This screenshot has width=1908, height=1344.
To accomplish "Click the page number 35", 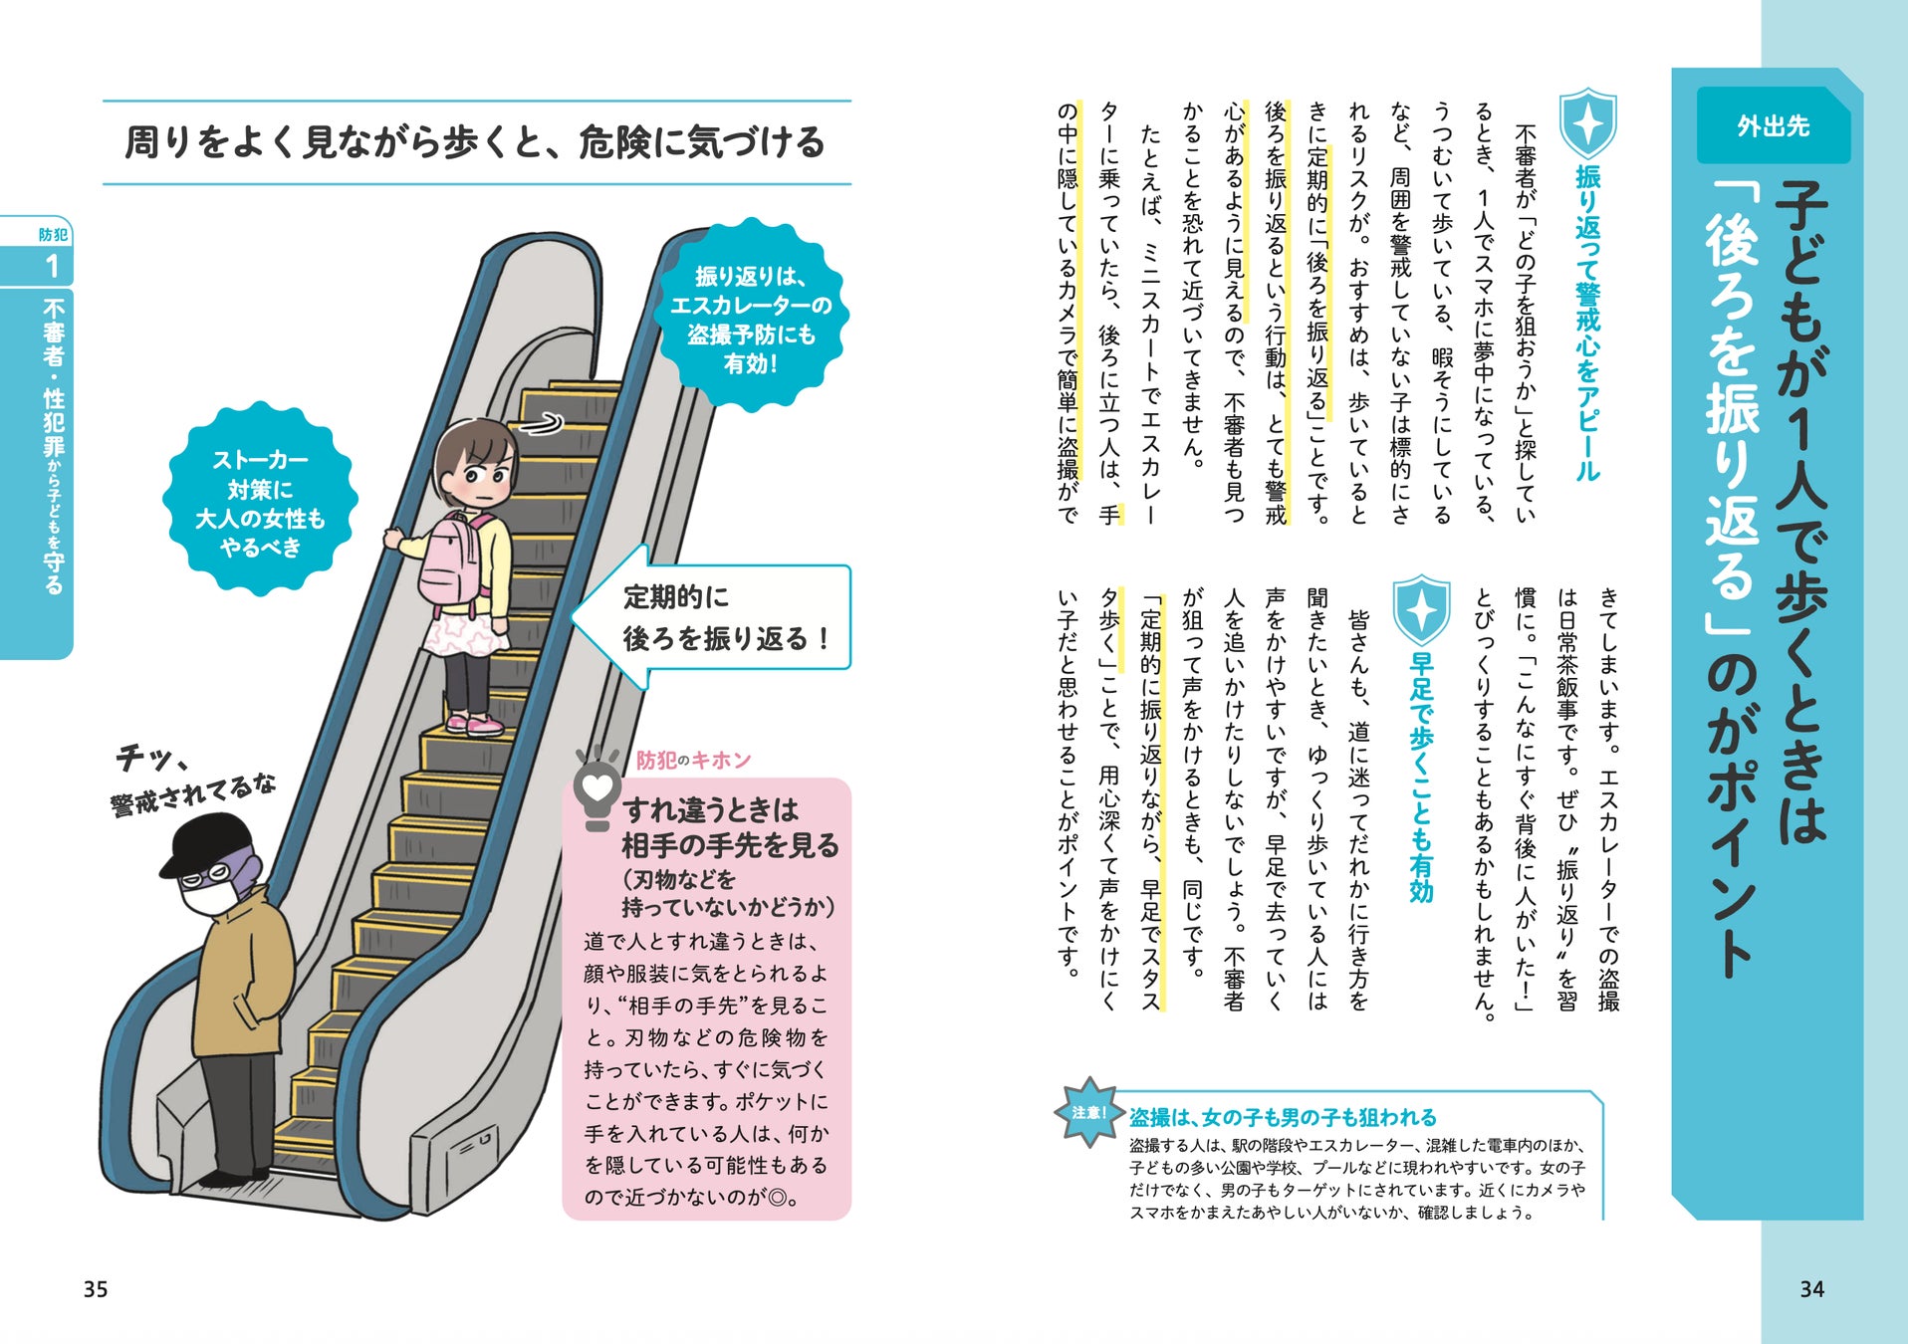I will click(96, 1289).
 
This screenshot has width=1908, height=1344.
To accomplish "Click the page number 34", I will click(1811, 1289).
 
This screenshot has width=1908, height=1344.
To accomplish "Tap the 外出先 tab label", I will click(1773, 126).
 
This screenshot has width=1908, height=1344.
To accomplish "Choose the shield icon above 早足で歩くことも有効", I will click(1421, 608).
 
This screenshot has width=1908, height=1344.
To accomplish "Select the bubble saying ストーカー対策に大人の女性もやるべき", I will click(260, 502).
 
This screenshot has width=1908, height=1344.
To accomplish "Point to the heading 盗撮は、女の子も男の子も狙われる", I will click(1283, 1117).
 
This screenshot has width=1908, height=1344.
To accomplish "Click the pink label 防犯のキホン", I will click(693, 761).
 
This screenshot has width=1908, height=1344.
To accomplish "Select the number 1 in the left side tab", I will click(52, 266).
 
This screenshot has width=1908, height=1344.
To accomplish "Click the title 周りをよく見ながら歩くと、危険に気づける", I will click(475, 142).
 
